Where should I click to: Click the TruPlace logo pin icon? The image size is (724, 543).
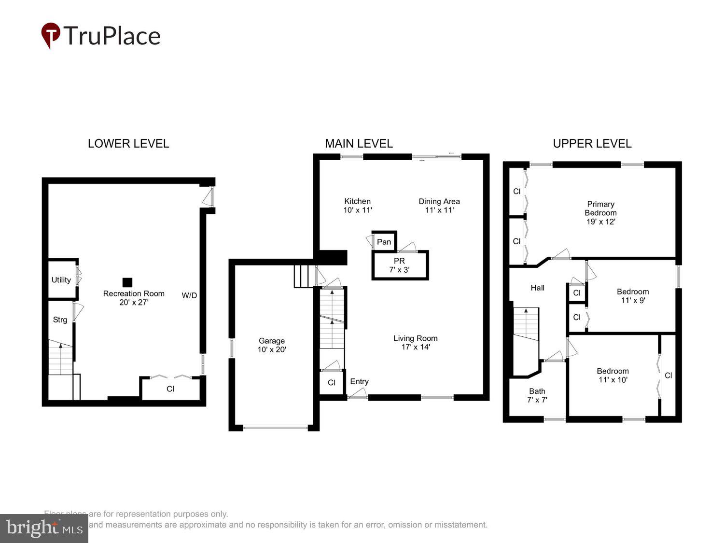(x=50, y=35)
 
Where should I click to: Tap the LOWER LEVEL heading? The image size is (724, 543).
(x=128, y=143)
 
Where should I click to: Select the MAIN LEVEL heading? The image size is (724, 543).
(x=359, y=143)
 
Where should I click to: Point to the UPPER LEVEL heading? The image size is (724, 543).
(x=592, y=143)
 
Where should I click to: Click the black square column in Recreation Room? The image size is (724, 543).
(x=127, y=282)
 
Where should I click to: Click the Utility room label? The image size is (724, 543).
(x=61, y=280)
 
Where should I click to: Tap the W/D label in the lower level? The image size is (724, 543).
(x=189, y=295)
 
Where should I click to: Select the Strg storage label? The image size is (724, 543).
(x=60, y=320)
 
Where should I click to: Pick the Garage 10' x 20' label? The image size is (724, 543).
(x=272, y=345)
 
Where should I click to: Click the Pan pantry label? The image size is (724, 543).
(x=384, y=242)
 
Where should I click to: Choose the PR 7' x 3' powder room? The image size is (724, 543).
(x=399, y=265)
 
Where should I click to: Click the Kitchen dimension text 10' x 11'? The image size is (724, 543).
(x=358, y=210)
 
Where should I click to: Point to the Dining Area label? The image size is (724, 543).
(x=439, y=201)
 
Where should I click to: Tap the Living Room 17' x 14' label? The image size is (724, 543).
(x=416, y=343)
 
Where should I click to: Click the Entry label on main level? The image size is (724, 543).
(x=359, y=381)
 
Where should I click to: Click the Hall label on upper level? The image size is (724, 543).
(x=537, y=288)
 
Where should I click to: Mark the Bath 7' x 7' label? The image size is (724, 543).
(x=537, y=395)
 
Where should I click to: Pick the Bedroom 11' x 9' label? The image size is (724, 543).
(x=633, y=296)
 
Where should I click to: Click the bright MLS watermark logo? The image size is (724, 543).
(x=44, y=529)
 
